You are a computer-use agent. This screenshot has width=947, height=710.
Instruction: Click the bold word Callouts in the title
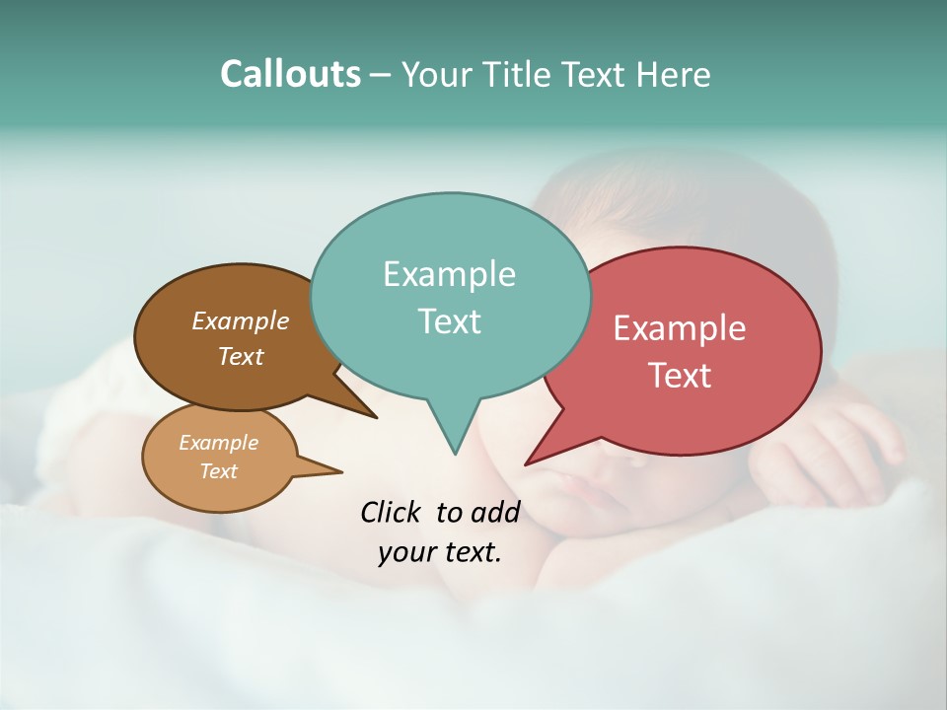click(291, 74)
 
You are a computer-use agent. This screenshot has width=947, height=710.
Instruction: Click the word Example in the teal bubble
click(449, 274)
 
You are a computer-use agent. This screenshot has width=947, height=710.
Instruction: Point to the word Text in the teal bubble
click(449, 321)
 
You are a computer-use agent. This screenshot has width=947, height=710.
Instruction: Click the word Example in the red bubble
click(680, 328)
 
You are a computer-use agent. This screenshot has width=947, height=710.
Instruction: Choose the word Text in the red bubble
click(680, 376)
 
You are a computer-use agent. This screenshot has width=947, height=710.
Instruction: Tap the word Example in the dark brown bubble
click(241, 321)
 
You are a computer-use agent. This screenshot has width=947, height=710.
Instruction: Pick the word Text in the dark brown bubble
click(241, 356)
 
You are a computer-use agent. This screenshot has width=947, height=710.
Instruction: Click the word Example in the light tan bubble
click(218, 443)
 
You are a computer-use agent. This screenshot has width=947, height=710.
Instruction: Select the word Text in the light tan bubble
click(218, 471)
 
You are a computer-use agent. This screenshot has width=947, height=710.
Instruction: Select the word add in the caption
click(494, 512)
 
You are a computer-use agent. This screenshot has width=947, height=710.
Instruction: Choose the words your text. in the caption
click(440, 552)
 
